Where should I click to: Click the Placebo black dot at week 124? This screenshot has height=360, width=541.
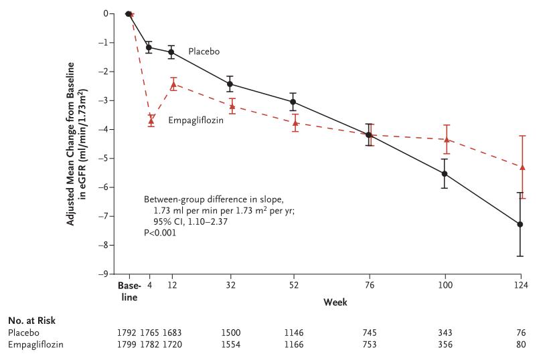pos(521,224)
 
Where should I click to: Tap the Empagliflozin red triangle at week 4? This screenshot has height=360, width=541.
pos(151,120)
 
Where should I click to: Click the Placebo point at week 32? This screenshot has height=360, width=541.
pos(230,84)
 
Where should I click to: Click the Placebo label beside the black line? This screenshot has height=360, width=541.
pos(204,51)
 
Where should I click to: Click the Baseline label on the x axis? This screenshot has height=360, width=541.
pos(129,291)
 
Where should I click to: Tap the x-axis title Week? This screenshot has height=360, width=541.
pos(335,302)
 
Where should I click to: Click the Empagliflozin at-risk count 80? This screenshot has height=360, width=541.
pos(521,344)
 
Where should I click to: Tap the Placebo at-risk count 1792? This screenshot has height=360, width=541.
pos(129,332)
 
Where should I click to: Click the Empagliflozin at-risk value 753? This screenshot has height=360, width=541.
pos(369,344)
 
